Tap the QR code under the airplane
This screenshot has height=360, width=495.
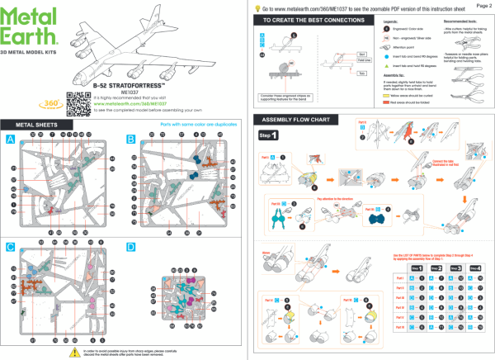77,101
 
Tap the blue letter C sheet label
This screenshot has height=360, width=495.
11,247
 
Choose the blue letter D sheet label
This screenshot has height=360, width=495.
130,247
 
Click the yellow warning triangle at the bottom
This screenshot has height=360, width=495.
63,351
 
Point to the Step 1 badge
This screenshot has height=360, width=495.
269,135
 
